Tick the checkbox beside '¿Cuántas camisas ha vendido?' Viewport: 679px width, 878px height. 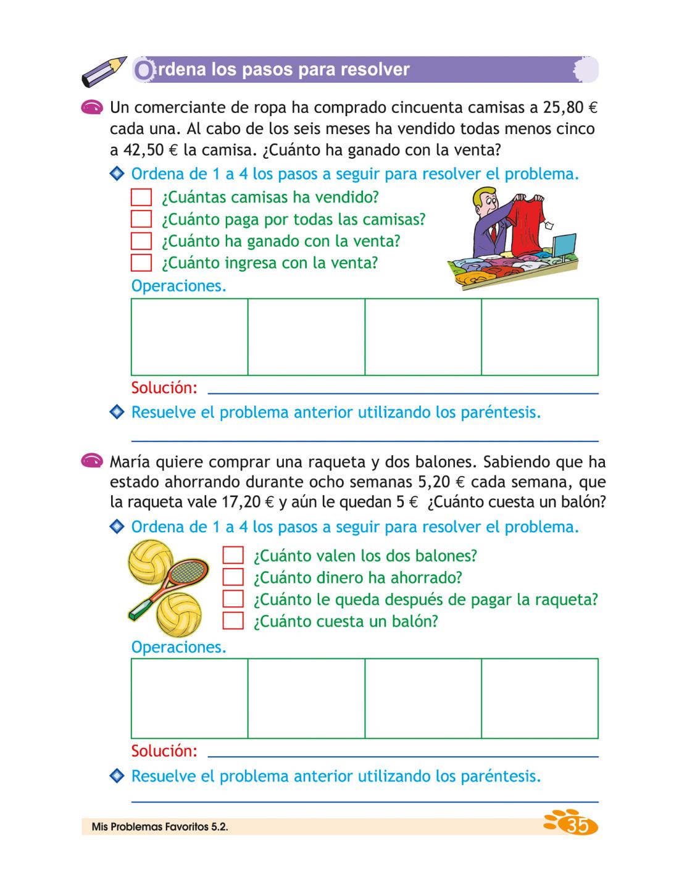[x=141, y=198]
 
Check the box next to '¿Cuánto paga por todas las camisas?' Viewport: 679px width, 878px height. [x=141, y=219]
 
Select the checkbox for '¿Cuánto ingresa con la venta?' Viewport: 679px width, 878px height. [x=141, y=263]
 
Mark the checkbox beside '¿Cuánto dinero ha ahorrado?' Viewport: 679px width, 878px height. [x=233, y=577]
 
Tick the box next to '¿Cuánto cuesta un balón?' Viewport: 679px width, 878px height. [x=233, y=621]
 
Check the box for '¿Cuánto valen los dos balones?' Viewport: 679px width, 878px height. [x=233, y=555]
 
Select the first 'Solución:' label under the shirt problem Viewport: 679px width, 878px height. [x=164, y=388]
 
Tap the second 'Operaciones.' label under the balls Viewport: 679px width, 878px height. [x=178, y=647]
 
